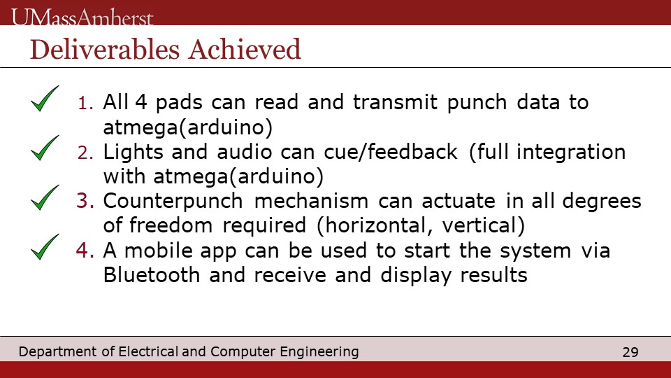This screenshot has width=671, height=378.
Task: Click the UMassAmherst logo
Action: (x=82, y=17)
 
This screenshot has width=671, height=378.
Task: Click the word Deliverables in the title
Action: (x=105, y=49)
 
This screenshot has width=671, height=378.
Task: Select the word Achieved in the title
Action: (x=245, y=49)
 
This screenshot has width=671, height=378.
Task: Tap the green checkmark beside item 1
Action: (x=45, y=99)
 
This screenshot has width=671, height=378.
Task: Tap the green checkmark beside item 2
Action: (x=45, y=148)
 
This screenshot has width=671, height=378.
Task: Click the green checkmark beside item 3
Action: (x=45, y=197)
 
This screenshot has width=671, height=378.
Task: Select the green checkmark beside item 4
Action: (x=45, y=247)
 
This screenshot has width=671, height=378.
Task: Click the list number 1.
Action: (x=85, y=103)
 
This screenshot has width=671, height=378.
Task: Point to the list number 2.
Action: (x=85, y=153)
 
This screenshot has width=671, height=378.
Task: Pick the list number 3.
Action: (x=85, y=201)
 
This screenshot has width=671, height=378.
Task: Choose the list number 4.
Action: (x=85, y=251)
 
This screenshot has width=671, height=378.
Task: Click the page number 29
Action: (x=630, y=352)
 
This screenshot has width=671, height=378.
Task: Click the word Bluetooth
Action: (x=152, y=275)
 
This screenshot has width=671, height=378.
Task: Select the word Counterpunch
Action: (x=173, y=202)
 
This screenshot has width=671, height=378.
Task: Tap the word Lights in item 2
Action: (x=134, y=153)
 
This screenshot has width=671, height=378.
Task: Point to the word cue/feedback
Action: (x=391, y=152)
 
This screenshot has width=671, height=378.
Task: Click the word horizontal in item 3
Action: (x=377, y=226)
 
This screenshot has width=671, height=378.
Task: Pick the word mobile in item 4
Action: (x=159, y=251)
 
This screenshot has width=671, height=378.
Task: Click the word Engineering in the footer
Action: (x=319, y=352)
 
